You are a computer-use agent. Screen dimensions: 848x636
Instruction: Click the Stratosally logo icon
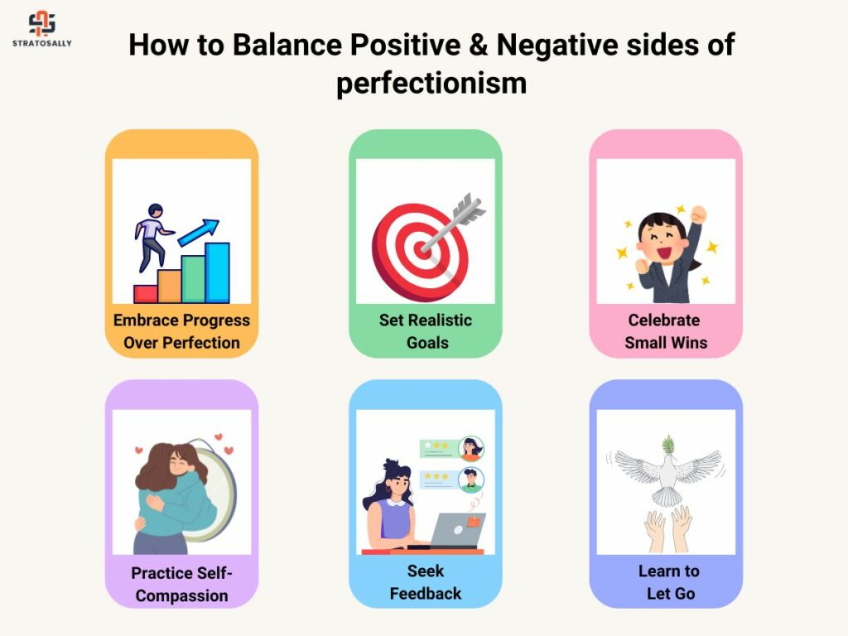point(41,23)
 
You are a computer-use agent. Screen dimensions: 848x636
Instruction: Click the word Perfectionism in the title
point(431,84)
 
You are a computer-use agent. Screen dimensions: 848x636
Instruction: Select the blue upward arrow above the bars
point(198,232)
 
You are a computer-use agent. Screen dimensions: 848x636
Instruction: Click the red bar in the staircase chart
point(146,294)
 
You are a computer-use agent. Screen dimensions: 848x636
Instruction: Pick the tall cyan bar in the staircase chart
point(218,272)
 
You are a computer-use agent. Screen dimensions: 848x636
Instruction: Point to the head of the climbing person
point(155,210)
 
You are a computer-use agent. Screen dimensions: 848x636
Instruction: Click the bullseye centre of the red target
point(422,249)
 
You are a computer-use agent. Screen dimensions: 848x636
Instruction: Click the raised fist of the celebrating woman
point(699,214)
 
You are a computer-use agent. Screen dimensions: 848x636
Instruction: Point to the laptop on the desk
point(456,531)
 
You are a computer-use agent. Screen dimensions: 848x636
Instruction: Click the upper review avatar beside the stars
point(471,448)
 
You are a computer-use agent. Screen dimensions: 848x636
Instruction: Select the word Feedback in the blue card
point(426,593)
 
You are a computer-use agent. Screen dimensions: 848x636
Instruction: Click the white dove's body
point(668,476)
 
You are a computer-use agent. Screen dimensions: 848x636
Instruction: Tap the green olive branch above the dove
point(668,445)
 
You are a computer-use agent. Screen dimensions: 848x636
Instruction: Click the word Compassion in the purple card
point(181,595)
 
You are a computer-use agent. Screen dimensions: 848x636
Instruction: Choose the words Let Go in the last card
point(671,593)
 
